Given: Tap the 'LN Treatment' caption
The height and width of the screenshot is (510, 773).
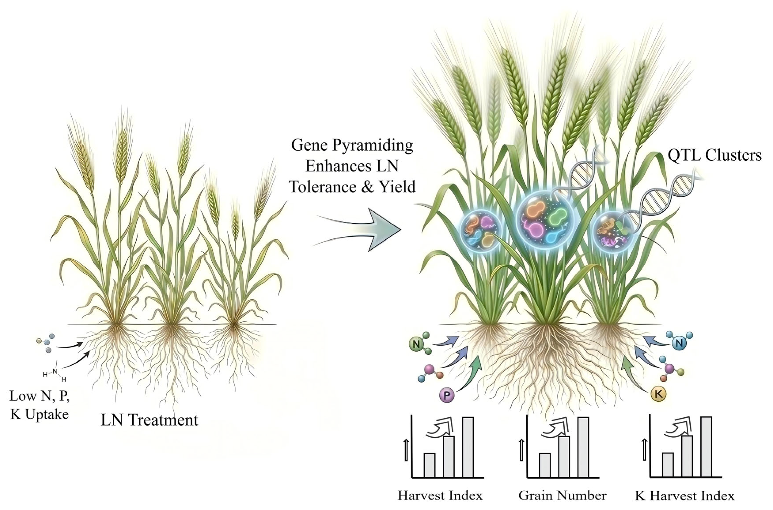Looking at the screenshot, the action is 149,420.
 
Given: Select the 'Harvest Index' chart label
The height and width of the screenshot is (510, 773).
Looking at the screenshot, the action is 440,495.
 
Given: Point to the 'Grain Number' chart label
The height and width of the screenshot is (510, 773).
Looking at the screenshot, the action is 562,495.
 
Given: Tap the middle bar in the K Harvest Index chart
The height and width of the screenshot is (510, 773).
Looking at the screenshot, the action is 687,456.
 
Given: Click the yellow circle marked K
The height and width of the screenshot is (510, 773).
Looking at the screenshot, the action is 659,394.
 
